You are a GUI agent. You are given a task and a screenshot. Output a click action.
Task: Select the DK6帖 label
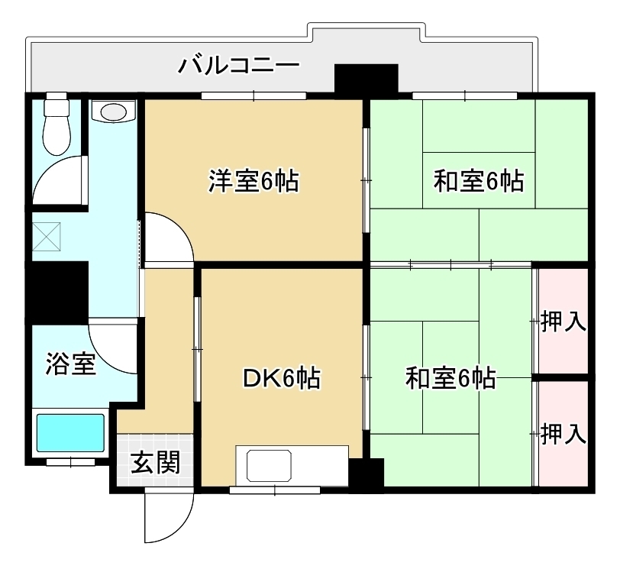281,377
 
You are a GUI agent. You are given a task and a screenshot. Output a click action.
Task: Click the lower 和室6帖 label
450,377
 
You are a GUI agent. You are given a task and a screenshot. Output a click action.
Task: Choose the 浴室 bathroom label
71,364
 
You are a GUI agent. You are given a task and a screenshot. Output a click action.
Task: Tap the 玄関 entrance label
155,461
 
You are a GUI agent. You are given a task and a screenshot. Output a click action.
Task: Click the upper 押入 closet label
563,322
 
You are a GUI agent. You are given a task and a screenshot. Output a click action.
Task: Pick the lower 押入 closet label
563,435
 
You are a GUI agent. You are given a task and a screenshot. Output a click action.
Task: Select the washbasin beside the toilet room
113,112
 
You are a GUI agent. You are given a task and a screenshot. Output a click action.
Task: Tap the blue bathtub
71,433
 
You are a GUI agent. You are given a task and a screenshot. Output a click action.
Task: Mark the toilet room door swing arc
57,180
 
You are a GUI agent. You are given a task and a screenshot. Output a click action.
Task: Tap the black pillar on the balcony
367,79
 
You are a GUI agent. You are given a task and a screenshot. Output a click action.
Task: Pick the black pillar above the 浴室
58,292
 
